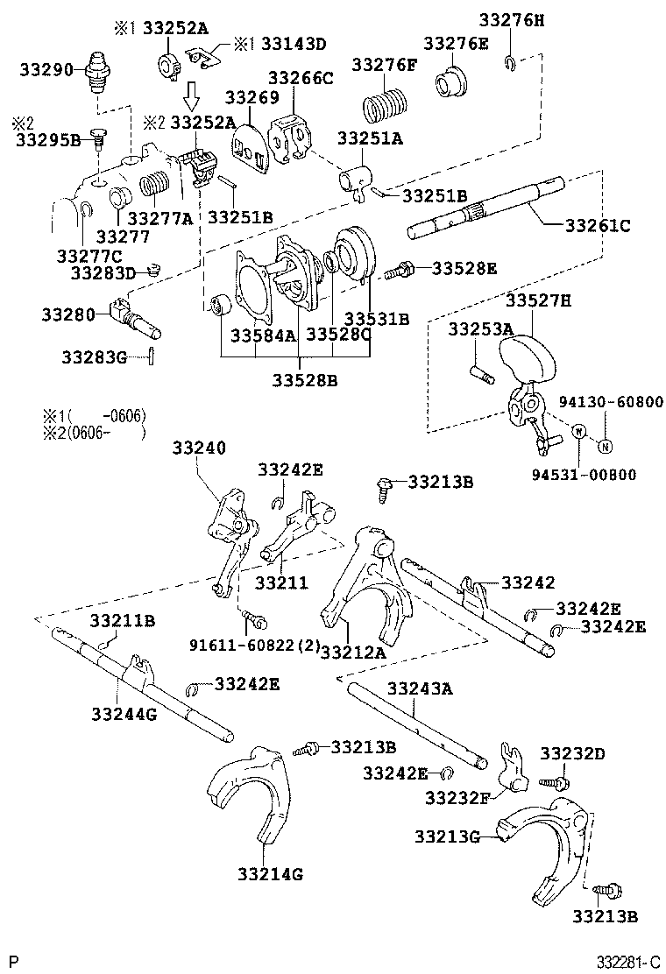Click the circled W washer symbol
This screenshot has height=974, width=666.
click(x=579, y=431)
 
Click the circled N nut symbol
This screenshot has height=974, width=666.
click(x=604, y=447)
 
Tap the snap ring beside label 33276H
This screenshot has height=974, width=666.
click(x=511, y=60)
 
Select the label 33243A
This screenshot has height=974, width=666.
click(x=420, y=688)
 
